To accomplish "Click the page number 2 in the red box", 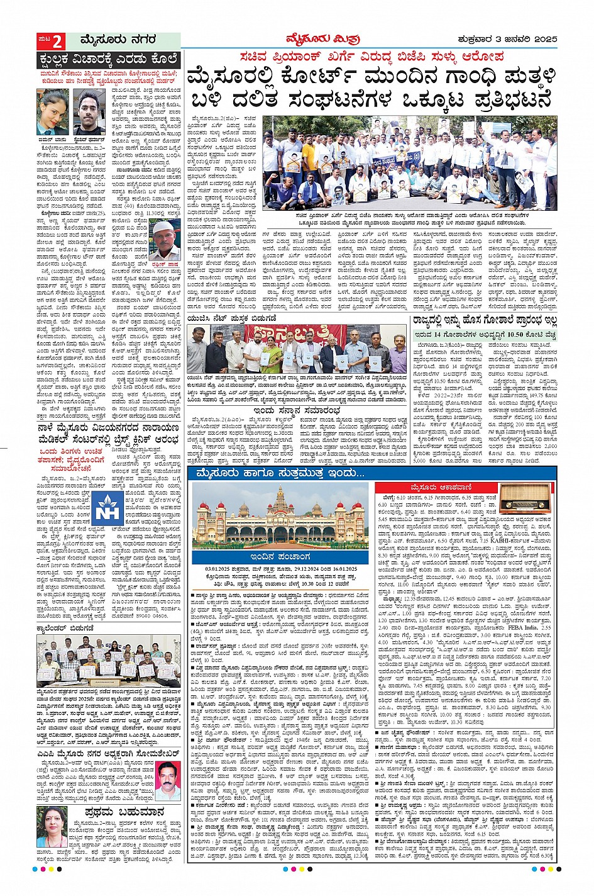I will tap(57, 42).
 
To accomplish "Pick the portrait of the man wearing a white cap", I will tap(165, 236).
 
